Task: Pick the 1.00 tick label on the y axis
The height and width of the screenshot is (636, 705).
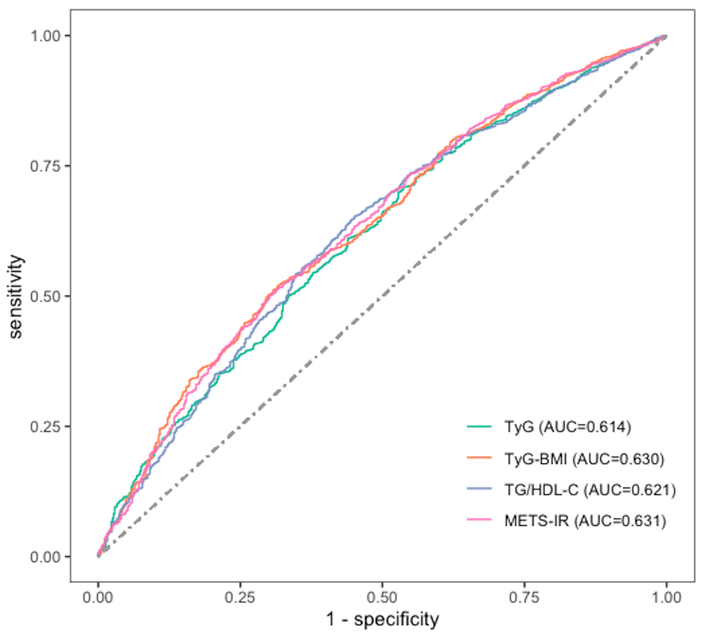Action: [x=46, y=36]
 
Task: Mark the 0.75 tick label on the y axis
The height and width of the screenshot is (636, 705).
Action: [x=46, y=166]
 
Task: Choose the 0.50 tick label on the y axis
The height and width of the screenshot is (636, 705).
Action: [x=46, y=296]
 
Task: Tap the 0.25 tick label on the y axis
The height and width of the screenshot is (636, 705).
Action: [x=46, y=427]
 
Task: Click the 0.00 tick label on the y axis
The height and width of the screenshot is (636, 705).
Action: [x=46, y=557]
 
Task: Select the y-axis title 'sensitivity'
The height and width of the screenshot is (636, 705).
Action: [x=17, y=296]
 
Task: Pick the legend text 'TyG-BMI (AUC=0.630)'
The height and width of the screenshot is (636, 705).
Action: [x=584, y=459]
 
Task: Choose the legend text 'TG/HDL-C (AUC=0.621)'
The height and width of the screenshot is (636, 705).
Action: [x=590, y=490]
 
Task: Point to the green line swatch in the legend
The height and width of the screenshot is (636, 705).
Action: [x=479, y=427]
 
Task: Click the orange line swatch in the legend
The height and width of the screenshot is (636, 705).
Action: [x=479, y=458]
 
